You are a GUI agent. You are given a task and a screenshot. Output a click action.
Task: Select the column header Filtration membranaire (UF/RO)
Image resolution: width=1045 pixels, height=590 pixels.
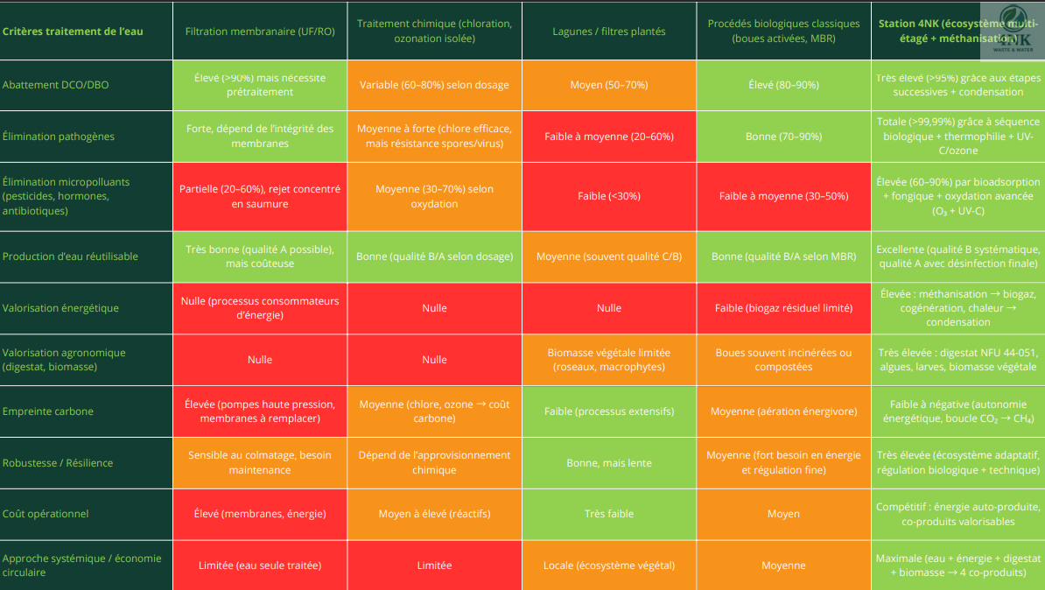click(260, 32)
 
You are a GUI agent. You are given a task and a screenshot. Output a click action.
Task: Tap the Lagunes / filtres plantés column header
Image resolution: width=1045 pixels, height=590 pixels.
click(609, 32)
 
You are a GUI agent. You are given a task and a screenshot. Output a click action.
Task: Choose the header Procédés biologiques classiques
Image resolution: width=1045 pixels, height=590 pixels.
click(783, 32)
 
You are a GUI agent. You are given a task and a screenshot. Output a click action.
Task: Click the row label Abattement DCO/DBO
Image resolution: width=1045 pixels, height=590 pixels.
click(56, 85)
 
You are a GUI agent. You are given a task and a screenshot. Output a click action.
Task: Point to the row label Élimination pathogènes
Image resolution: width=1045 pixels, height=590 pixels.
click(59, 137)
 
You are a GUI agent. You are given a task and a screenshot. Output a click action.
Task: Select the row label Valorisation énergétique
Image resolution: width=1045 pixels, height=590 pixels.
click(60, 308)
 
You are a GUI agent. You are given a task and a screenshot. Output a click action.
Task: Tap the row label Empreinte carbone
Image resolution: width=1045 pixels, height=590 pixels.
click(48, 411)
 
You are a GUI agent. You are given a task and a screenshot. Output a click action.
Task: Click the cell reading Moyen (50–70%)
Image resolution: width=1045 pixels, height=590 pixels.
click(609, 85)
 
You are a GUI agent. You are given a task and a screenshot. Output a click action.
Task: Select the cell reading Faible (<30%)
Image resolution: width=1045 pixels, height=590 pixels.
click(609, 196)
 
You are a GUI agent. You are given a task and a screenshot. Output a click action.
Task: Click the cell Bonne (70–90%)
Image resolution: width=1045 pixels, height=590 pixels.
click(783, 137)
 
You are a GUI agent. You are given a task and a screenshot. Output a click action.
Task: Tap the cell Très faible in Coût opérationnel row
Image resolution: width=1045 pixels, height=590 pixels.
click(609, 514)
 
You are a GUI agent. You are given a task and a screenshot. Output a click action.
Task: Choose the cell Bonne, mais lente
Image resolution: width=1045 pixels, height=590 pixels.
click(609, 463)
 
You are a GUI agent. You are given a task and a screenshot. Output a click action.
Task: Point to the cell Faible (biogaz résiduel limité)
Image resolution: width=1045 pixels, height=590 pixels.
click(783, 308)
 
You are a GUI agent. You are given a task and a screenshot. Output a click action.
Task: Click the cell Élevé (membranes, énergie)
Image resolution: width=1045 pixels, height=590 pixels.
click(260, 514)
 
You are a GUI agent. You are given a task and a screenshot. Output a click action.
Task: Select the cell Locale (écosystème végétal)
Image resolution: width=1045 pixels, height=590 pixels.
click(609, 565)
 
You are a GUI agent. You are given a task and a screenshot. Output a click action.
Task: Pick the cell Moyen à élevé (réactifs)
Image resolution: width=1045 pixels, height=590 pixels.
click(434, 514)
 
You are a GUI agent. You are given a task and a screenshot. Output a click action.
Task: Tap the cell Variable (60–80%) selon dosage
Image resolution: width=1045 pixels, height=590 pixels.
click(434, 85)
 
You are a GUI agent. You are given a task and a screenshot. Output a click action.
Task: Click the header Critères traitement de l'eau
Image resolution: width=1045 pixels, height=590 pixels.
click(73, 32)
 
